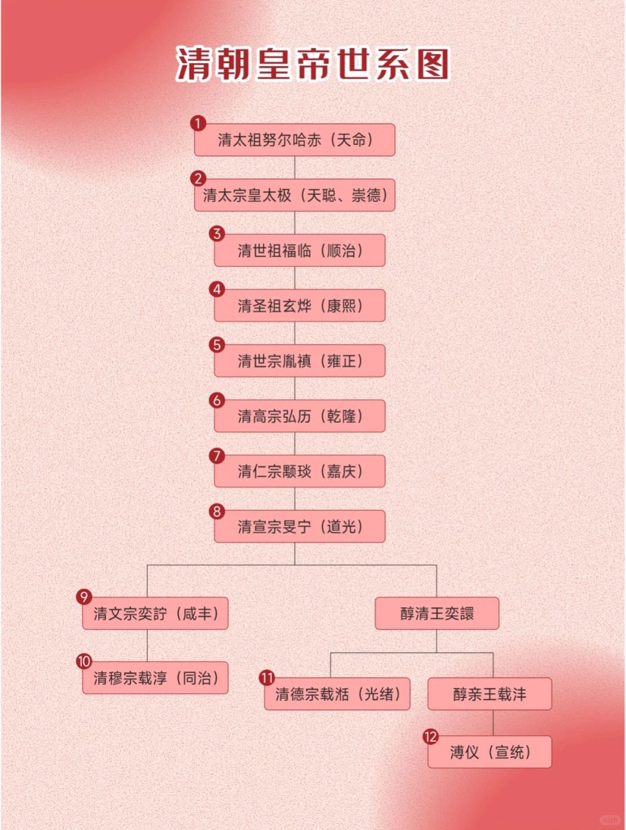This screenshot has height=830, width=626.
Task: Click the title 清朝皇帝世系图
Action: point(313,63)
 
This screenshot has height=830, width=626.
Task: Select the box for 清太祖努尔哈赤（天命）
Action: point(294,140)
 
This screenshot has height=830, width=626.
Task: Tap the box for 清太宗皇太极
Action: point(294,195)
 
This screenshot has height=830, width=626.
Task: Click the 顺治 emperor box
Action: point(299,251)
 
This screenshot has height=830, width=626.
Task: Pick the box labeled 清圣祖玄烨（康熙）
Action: point(299,306)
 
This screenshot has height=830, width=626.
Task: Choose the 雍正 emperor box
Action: point(299,361)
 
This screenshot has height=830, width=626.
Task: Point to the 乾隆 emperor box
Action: point(299,416)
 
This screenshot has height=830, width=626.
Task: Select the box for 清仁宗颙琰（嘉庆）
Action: point(299,471)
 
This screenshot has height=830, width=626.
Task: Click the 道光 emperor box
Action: point(299,527)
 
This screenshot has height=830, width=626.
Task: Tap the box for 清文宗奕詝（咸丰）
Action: point(155,614)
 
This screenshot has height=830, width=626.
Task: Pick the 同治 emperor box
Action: point(155,678)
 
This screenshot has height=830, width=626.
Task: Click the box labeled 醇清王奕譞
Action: point(437,614)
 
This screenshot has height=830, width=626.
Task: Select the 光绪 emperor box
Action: point(337,694)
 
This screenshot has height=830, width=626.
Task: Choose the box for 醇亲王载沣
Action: point(490,694)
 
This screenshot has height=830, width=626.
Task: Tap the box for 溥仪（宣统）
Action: point(490,752)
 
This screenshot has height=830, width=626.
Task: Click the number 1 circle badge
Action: point(198,123)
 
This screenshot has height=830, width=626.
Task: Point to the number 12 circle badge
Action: point(430,737)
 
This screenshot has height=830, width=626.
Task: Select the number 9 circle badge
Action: point(84,597)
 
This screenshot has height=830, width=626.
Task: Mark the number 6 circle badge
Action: point(217,400)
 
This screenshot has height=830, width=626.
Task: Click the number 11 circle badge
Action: point(267,677)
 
